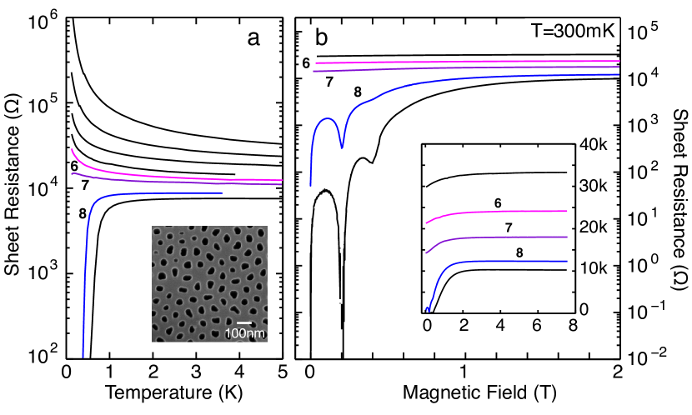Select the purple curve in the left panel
click(167, 180)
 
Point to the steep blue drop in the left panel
click(84, 267)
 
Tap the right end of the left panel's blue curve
click(221, 193)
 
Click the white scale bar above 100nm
click(244, 322)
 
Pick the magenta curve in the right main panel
click(467, 62)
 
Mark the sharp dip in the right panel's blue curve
click(342, 147)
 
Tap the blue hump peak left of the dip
click(326, 118)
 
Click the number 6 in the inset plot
click(498, 202)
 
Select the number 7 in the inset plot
click(508, 227)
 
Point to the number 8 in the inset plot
click(519, 248)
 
